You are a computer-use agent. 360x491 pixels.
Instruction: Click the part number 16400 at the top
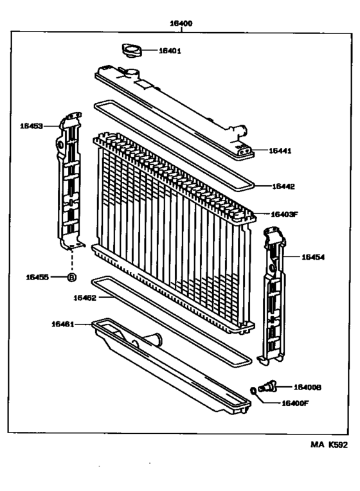coord(181,23)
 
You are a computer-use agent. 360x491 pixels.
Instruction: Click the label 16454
coord(313,256)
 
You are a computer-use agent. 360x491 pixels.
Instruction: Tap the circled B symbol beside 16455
coord(72,277)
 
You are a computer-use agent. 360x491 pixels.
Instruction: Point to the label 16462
coord(84,297)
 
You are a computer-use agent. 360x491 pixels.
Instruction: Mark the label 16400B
coord(307,388)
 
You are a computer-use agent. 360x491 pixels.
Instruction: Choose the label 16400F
coord(296,404)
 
